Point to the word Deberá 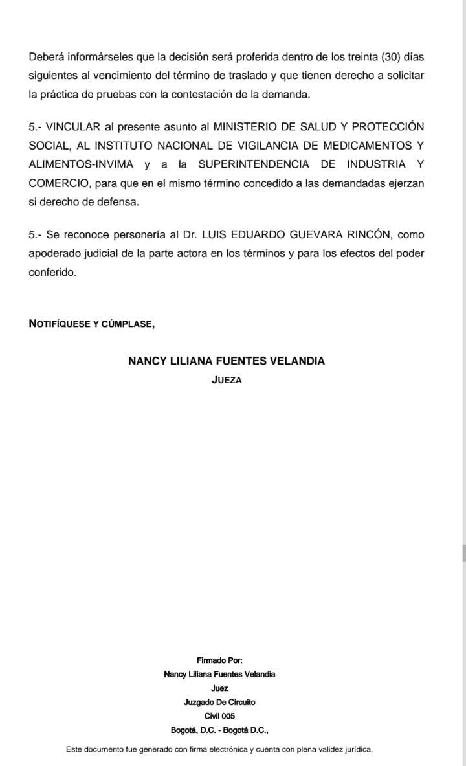point(46,57)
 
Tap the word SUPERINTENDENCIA point(254,164)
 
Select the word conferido point(52,272)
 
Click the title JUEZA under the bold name point(227,381)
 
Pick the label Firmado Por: point(219,660)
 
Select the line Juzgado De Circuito point(219,702)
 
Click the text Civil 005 point(219,716)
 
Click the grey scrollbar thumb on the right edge point(463,552)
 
